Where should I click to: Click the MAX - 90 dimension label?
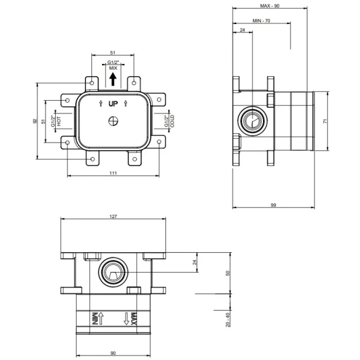coord(269,6)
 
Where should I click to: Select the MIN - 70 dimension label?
coord(261,21)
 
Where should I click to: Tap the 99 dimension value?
coord(273,205)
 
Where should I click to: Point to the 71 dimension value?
coord(325,121)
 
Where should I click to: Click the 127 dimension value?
coord(113,216)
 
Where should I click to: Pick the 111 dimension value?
coord(113,173)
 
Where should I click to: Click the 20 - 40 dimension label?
coord(228,320)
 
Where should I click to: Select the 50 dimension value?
coord(228,273)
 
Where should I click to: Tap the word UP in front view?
coord(113,104)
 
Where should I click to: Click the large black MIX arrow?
coord(113,79)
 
